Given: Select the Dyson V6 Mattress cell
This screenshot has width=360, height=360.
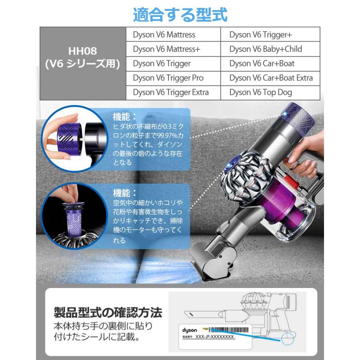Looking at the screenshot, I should pyautogui.click(x=164, y=35).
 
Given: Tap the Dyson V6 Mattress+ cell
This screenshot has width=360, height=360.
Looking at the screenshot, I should pyautogui.click(x=166, y=49).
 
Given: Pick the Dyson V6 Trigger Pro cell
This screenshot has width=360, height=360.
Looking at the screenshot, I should pyautogui.click(x=168, y=78).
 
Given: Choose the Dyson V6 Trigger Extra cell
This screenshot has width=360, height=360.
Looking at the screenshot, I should pyautogui.click(x=171, y=92).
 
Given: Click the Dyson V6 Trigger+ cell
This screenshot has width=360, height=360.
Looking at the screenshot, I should pyautogui.click(x=261, y=35).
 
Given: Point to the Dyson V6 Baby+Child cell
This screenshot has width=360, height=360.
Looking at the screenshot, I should pyautogui.click(x=266, y=49).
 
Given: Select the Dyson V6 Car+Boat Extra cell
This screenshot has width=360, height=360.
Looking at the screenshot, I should pyautogui.click(x=271, y=78).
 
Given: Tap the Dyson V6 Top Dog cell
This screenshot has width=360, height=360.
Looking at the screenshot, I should pyautogui.click(x=260, y=92).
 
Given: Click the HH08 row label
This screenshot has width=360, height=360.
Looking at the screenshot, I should pyautogui.click(x=83, y=58).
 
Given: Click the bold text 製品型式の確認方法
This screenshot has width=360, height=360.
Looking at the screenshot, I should pyautogui.click(x=108, y=312).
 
